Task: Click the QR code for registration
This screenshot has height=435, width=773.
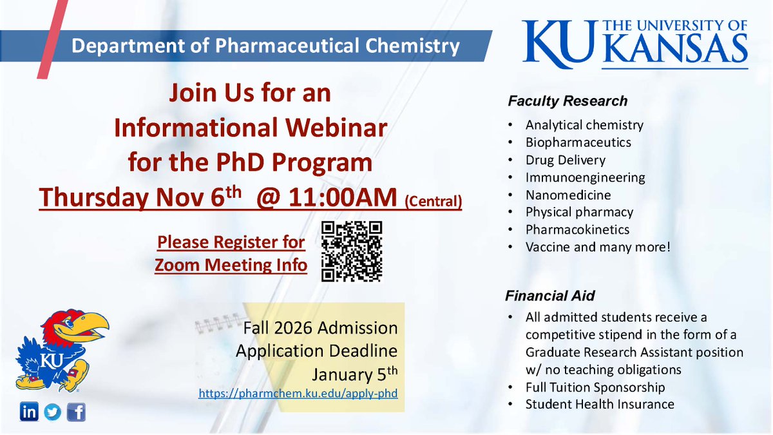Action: (x=351, y=252)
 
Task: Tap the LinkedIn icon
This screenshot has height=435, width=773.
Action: (x=29, y=412)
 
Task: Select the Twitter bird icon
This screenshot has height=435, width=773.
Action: (x=53, y=412)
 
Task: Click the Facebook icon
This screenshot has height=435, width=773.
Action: (x=76, y=412)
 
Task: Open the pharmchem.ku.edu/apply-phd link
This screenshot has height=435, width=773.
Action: (x=298, y=391)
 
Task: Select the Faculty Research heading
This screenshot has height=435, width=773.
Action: (x=567, y=101)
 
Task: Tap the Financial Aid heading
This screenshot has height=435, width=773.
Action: (x=549, y=296)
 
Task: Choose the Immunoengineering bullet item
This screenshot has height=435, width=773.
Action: (x=585, y=177)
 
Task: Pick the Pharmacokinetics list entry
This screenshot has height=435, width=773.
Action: (x=577, y=229)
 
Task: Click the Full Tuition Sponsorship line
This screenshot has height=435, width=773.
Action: (x=595, y=387)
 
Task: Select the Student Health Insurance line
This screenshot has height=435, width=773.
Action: (x=600, y=405)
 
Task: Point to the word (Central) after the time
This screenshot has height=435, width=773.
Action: (x=433, y=201)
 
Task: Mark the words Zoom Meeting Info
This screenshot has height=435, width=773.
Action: (x=231, y=265)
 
